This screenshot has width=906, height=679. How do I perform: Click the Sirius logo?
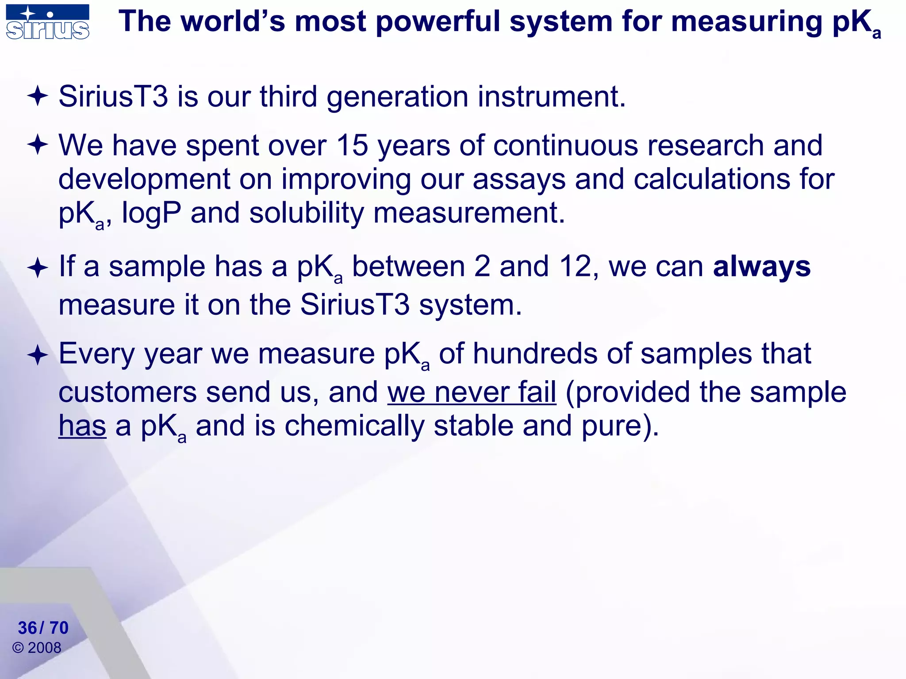(47, 22)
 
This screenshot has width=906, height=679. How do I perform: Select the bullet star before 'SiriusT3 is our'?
(38, 96)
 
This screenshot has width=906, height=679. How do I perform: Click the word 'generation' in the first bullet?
(397, 97)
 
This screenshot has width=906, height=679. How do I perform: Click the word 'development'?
(144, 179)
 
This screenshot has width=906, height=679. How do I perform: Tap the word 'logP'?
(151, 214)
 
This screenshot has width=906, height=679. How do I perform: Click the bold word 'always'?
(762, 267)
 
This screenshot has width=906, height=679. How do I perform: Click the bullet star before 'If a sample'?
(38, 268)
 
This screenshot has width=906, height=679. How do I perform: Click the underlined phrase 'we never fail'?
(472, 392)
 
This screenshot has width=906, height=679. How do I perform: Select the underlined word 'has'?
(82, 426)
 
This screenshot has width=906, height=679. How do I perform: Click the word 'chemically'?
(354, 426)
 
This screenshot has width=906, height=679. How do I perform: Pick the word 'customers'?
(127, 393)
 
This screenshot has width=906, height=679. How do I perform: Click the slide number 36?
(27, 628)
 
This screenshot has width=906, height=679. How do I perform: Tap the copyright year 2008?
(44, 648)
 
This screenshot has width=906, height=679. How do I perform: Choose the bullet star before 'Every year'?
(38, 355)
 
